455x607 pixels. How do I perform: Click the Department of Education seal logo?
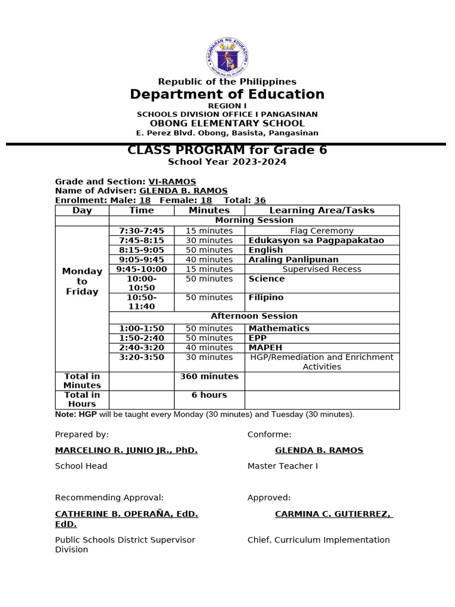pos(227,56)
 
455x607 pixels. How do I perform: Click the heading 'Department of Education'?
pos(227,95)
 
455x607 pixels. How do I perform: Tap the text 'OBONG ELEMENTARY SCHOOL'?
pos(227,123)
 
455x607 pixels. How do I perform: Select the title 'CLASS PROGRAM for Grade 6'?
pos(227,151)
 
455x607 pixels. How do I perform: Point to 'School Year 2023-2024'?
pos(227,162)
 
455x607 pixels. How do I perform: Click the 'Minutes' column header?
pos(209,210)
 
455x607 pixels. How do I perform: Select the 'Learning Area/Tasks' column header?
pos(322,210)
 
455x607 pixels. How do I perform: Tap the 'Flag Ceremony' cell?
pos(322,231)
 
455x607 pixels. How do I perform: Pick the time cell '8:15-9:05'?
pos(142,250)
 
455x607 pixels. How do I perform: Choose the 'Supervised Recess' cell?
pos(322,269)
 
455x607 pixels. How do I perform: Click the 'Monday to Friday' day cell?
pos(82,282)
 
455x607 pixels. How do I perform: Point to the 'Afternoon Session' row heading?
pos(254,317)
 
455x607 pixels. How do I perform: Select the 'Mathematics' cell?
pos(279,328)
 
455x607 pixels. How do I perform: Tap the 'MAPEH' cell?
pos(265,347)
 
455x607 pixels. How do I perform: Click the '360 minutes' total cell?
pos(209,376)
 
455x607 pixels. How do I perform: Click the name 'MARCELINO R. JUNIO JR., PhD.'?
pos(126,451)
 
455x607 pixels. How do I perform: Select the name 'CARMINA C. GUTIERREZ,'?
pos(334,514)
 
